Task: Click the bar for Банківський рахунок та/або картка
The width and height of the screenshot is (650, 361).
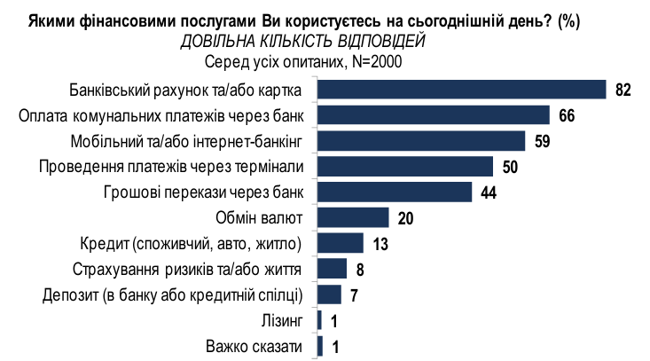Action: tap(461, 90)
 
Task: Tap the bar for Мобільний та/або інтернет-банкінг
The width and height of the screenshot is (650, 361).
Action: tap(420, 141)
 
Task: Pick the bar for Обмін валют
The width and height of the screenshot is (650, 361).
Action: tap(353, 217)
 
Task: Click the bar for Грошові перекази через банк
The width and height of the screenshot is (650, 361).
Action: tap(394, 192)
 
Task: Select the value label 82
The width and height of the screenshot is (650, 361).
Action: tap(622, 90)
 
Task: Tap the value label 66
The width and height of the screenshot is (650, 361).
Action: tap(566, 115)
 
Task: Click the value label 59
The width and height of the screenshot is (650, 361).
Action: tap(541, 141)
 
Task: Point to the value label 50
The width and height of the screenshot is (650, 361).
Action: tap(509, 167)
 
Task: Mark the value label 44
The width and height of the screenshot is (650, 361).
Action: tap(488, 192)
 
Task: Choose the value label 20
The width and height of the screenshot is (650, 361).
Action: tap(405, 217)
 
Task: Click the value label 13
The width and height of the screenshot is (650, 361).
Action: tap(380, 243)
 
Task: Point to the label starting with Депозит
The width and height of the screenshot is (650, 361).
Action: tap(173, 294)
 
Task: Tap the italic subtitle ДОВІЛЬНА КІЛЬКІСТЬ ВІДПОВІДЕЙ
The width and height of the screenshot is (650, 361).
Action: tap(303, 42)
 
